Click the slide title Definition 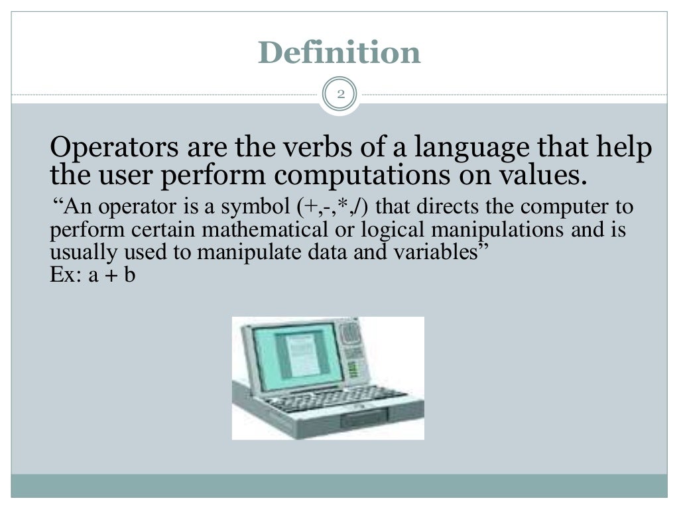point(339,53)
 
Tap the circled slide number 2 point(339,95)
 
